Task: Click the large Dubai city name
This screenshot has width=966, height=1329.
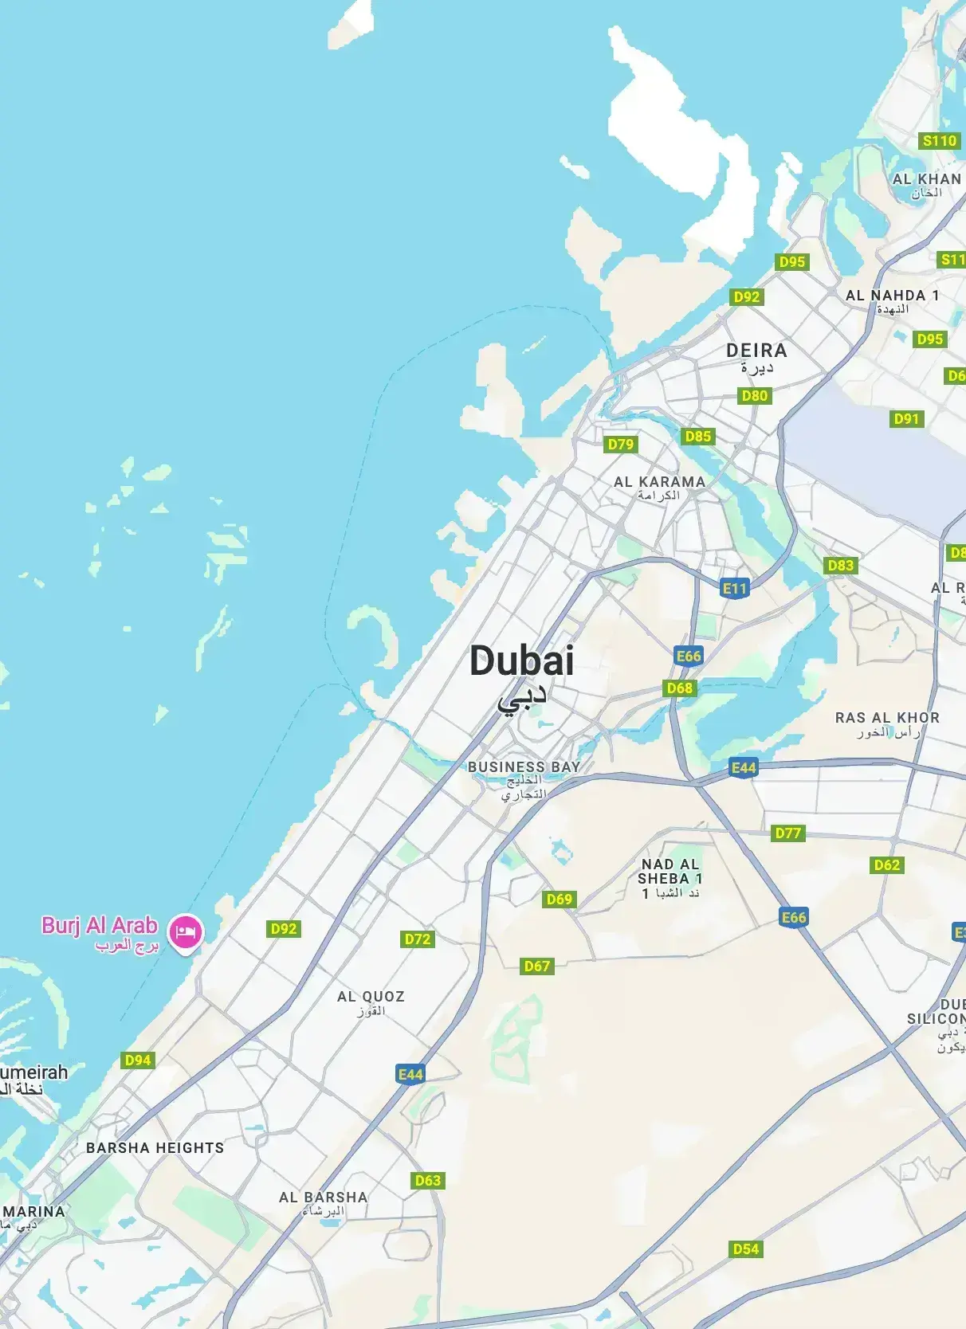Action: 521,661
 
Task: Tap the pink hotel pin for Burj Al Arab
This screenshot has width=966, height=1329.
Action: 186,931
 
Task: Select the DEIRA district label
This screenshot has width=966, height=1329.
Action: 756,351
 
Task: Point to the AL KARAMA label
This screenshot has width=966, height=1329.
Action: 659,482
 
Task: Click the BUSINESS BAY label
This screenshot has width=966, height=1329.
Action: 524,766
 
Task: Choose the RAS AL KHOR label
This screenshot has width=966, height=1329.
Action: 887,718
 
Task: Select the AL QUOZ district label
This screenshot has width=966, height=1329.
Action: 371,997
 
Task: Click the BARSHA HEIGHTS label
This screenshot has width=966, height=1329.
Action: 155,1148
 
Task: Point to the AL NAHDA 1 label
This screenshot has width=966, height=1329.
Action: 892,296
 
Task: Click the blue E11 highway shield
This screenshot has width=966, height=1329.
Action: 735,589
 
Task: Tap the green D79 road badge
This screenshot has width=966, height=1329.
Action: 620,445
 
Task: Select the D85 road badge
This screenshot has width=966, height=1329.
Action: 697,437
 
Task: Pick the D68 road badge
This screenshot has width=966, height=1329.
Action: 679,688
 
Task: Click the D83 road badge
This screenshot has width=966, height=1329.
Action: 840,566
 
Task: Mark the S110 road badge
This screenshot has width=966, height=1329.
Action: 939,141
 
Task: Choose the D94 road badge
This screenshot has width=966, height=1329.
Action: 138,1060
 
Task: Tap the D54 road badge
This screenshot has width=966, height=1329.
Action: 746,1249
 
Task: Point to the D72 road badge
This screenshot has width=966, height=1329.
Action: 418,939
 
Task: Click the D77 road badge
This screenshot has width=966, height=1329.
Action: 788,833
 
